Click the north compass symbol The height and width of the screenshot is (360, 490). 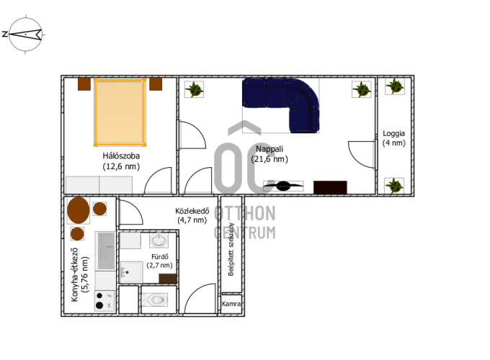point(25,35)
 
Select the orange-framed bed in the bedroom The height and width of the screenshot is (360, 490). point(120,112)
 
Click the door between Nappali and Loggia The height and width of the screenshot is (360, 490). point(362,155)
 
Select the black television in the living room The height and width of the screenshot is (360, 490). point(283,186)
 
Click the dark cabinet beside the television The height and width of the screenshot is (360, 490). point(330,187)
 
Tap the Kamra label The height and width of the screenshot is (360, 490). point(231,304)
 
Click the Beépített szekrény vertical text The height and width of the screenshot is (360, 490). point(231,249)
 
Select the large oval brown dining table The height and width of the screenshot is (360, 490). point(79,210)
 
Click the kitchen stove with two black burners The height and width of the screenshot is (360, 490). point(104,301)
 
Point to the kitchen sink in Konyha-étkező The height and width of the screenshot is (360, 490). point(106,251)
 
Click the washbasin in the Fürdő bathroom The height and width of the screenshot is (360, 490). point(159,240)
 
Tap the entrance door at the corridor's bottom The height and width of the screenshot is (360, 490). point(200,298)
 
